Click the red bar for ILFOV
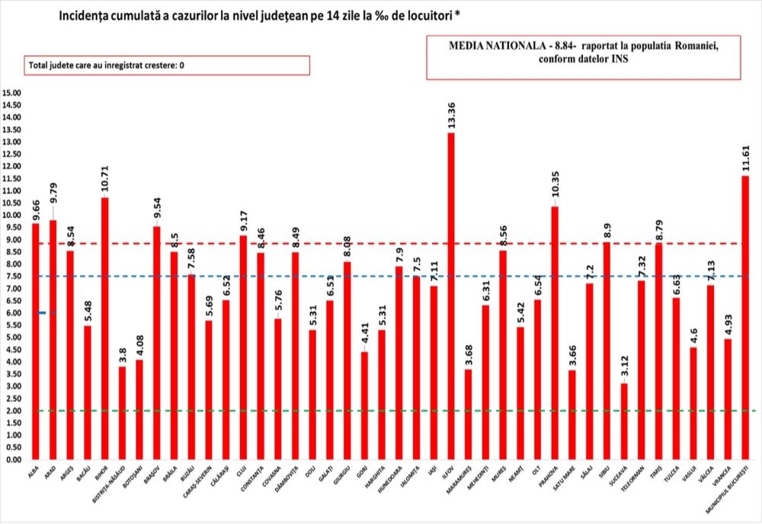[451, 296]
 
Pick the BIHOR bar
[104, 328]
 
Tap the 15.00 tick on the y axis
[13, 93]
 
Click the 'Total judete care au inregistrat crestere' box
[168, 65]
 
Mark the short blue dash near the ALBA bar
[47, 313]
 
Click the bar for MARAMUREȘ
[468, 414]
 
